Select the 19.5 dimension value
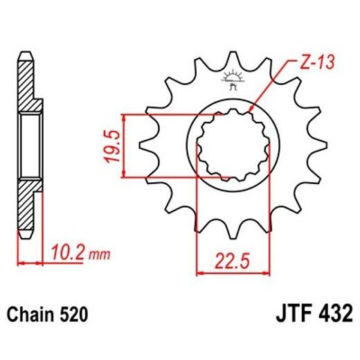(114, 145)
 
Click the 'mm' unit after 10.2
(100, 255)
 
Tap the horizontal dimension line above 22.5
(231, 272)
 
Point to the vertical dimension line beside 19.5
(125, 145)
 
